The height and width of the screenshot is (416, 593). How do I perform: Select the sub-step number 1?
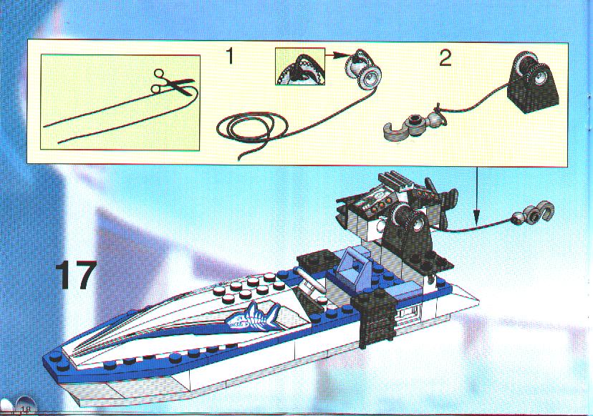click(x=230, y=57)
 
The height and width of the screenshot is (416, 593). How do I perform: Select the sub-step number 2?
click(x=445, y=59)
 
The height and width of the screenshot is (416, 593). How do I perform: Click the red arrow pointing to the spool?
click(x=336, y=55)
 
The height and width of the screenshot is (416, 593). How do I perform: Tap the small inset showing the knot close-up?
click(x=300, y=66)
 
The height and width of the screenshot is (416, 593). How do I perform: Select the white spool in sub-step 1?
click(x=363, y=70)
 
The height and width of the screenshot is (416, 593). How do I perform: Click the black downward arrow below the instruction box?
click(x=477, y=195)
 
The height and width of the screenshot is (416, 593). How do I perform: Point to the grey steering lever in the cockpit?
click(x=307, y=280)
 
